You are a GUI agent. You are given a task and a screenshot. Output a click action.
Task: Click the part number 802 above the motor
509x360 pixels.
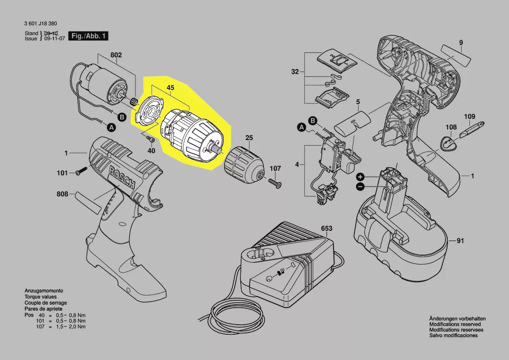point(116,55)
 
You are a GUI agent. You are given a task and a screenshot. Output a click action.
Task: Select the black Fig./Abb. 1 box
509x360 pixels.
point(88,36)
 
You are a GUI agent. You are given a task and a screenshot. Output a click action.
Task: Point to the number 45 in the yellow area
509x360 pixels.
point(170,88)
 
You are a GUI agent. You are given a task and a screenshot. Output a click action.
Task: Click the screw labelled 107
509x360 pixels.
point(275,183)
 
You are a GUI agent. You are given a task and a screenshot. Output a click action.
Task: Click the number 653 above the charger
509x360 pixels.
point(327,228)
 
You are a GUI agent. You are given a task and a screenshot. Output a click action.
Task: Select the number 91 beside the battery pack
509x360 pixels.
point(460,241)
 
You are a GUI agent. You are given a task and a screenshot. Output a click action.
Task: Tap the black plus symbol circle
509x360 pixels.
point(361,177)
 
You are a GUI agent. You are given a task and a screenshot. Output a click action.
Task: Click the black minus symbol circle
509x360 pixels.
point(360,187)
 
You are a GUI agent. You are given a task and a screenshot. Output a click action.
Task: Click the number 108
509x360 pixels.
point(451,127)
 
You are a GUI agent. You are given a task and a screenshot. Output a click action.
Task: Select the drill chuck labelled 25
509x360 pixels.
point(244,165)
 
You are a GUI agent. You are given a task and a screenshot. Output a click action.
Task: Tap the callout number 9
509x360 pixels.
point(461,43)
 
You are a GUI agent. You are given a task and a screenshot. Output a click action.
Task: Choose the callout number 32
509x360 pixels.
point(295,71)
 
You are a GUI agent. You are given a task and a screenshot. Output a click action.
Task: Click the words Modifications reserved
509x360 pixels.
point(455,324)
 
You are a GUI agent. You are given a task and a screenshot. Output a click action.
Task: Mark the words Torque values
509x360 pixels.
point(40,297)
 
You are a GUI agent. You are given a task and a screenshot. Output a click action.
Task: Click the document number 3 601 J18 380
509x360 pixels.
point(40,24)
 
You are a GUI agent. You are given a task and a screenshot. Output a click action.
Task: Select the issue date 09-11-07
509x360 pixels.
point(54,38)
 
